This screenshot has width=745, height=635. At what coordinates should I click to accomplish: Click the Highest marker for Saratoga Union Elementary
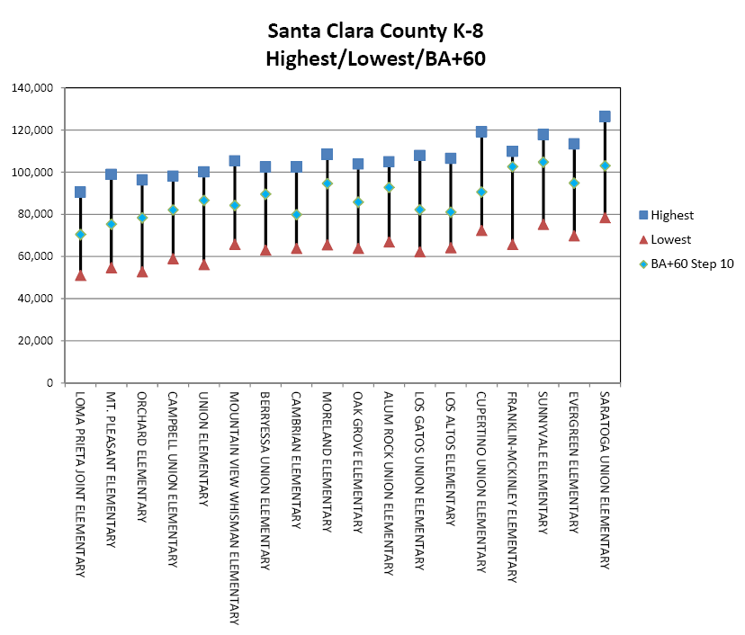[x=605, y=117]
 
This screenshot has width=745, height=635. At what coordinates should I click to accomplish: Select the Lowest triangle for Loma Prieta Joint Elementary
[x=80, y=275]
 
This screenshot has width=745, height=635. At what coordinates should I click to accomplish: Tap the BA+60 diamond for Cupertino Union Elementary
[x=481, y=192]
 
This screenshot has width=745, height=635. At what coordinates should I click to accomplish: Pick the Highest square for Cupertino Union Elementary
[x=481, y=132]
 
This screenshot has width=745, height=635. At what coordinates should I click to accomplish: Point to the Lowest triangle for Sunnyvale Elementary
[x=543, y=224]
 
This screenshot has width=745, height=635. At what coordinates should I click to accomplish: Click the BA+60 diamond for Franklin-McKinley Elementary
[x=512, y=166]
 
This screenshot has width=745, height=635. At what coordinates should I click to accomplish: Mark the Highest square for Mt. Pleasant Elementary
[x=111, y=174]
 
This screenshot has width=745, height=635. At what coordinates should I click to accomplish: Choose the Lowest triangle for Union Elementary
[x=203, y=264]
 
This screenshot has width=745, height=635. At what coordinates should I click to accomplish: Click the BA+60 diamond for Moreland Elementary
[x=328, y=183]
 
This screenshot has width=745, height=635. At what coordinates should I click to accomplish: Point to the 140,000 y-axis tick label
[x=31, y=88]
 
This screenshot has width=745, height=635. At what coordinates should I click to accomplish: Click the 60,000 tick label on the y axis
[x=35, y=256]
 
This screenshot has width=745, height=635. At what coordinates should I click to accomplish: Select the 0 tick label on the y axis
[x=50, y=383]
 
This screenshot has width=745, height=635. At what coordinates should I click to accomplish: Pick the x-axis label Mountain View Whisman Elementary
[x=235, y=507]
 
